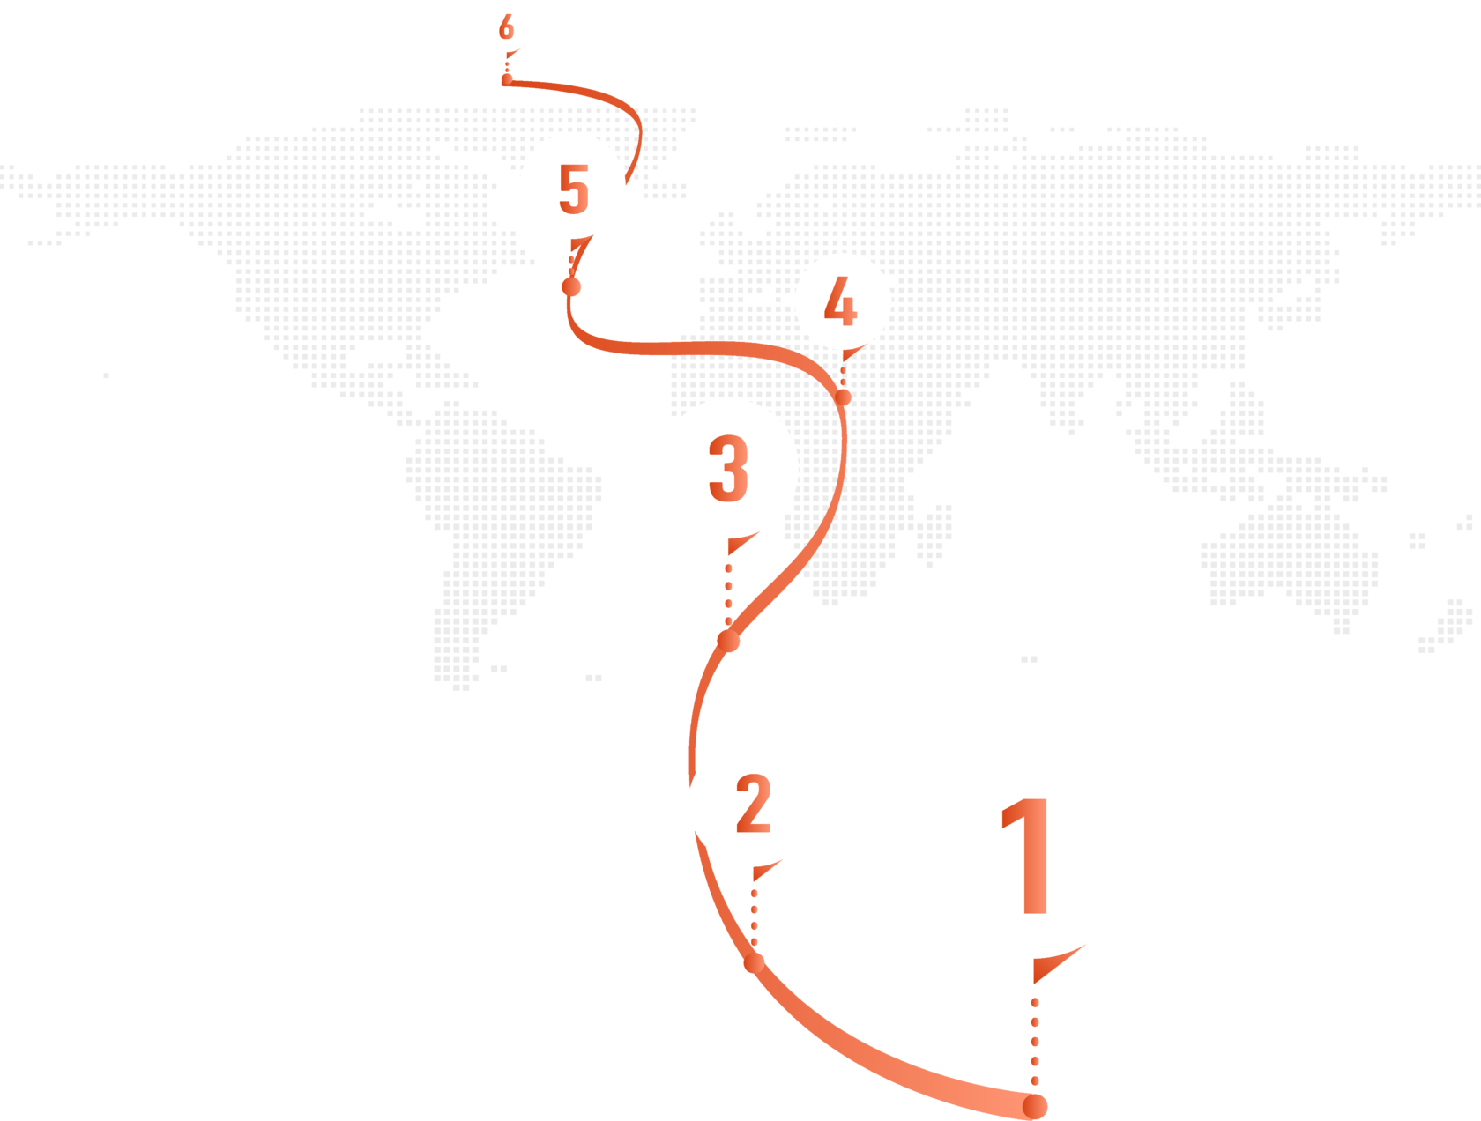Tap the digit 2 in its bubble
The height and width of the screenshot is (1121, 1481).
pyautogui.click(x=753, y=803)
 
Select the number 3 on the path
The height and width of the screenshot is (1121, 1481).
pyautogui.click(x=728, y=468)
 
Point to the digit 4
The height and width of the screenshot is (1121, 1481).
pyautogui.click(x=840, y=301)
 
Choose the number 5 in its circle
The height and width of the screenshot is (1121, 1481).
pyautogui.click(x=573, y=188)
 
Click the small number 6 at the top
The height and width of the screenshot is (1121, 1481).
pyautogui.click(x=506, y=27)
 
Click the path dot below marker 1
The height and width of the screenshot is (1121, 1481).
pyautogui.click(x=1035, y=1106)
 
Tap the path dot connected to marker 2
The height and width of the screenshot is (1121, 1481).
pyautogui.click(x=753, y=963)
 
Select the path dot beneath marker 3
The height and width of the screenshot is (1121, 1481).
pyautogui.click(x=728, y=641)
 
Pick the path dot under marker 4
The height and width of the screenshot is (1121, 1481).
pyautogui.click(x=844, y=397)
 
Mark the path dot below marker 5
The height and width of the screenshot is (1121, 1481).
pyautogui.click(x=571, y=286)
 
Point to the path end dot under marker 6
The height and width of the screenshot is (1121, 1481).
pyautogui.click(x=506, y=80)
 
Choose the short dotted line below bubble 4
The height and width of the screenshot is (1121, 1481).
pyautogui.click(x=843, y=375)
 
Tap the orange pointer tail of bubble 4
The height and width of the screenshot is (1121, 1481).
pyautogui.click(x=848, y=354)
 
